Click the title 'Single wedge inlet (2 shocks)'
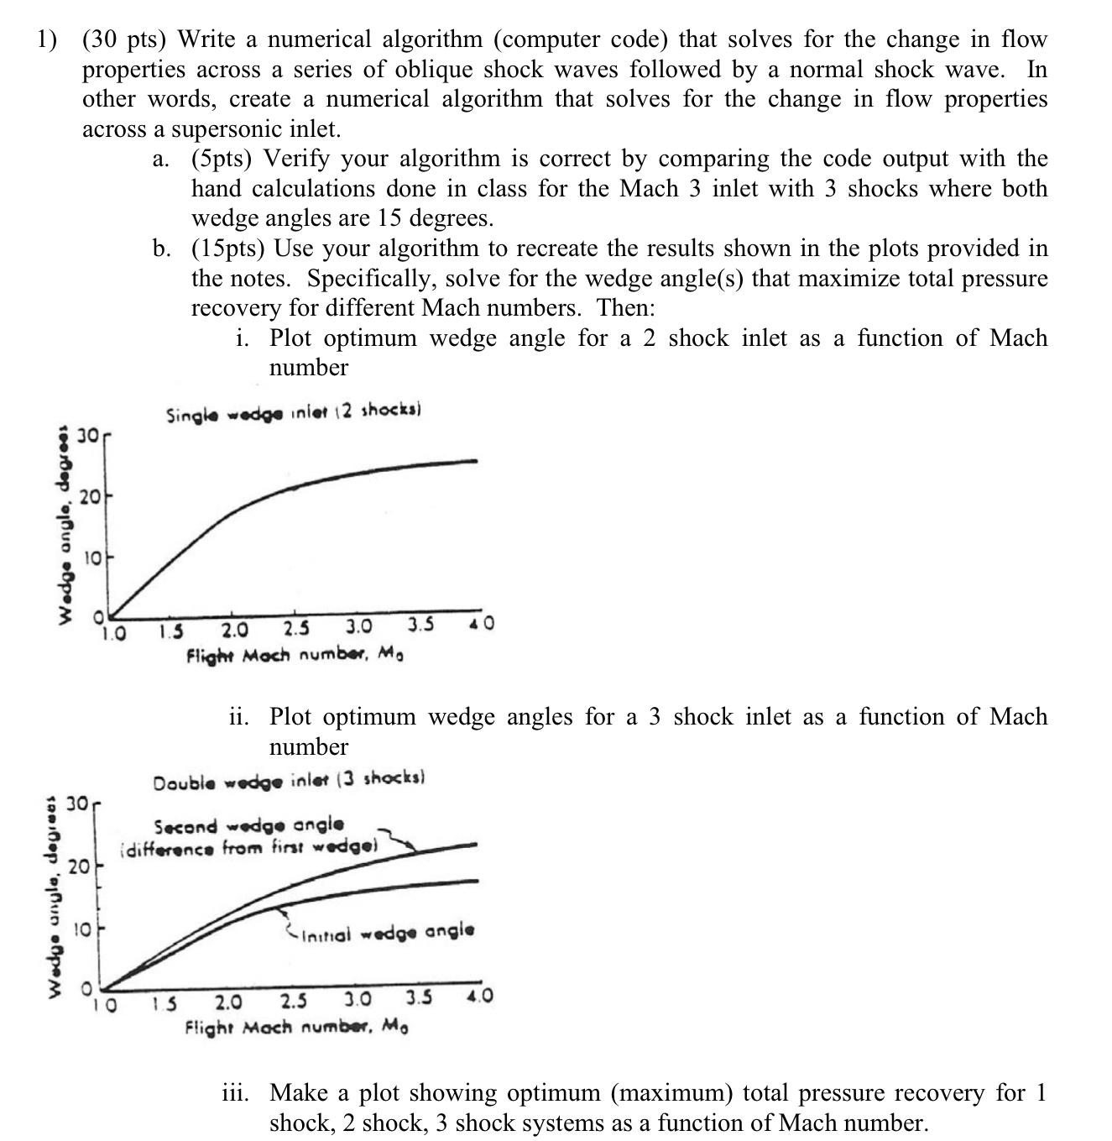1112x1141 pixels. [x=293, y=413]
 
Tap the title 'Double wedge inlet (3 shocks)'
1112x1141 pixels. [x=290, y=782]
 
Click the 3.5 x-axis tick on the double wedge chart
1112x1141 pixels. [x=419, y=999]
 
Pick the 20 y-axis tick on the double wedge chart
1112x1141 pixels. [x=78, y=866]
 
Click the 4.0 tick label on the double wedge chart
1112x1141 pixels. [x=479, y=997]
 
